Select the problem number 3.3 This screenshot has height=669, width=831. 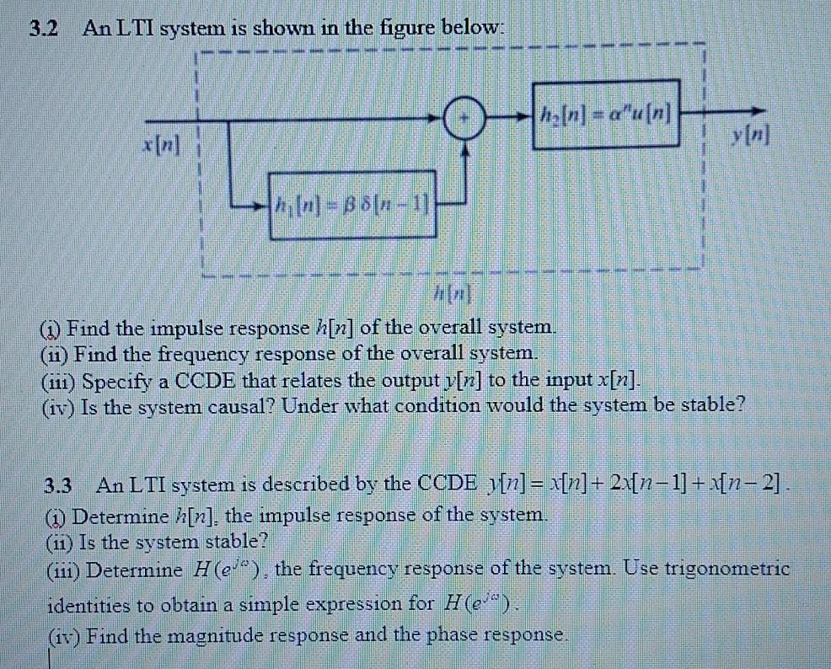[x=58, y=486]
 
